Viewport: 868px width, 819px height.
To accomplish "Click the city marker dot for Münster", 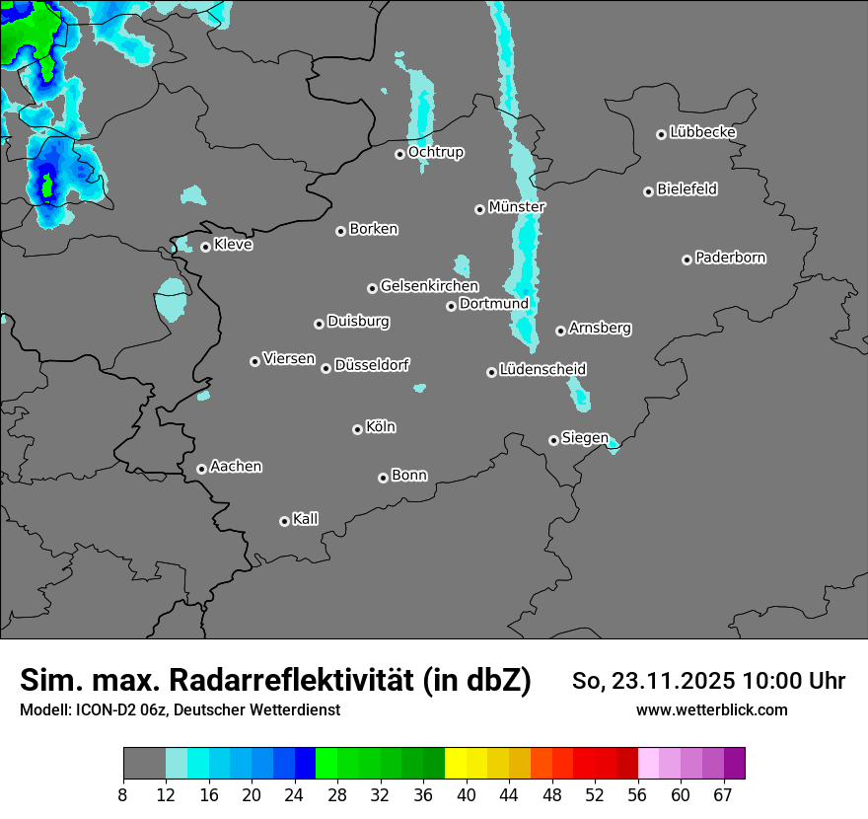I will point(480,209).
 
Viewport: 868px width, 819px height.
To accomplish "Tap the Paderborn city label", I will point(731,258).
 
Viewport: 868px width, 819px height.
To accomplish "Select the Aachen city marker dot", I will point(202,469).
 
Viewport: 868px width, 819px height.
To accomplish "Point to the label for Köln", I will point(381,427).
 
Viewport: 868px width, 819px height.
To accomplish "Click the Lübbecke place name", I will point(702,132).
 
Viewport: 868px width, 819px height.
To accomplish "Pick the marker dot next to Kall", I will point(285,521).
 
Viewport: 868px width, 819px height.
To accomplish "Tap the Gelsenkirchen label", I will point(429,286).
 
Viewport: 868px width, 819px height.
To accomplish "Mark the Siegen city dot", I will point(553,440).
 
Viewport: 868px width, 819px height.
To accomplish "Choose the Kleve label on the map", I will point(234,245).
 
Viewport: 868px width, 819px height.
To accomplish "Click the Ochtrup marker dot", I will point(400,154).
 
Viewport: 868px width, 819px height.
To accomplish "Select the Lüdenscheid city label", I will point(542,369).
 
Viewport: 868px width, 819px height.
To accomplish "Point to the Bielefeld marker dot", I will point(649,191).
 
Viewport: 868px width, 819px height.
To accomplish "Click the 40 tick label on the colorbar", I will point(466,794).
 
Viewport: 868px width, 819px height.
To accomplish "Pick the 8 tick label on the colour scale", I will point(123,794).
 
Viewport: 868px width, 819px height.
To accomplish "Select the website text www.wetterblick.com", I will point(712,709).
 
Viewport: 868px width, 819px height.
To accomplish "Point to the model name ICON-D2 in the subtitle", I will point(106,709).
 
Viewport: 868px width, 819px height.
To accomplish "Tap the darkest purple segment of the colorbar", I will point(735,764).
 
